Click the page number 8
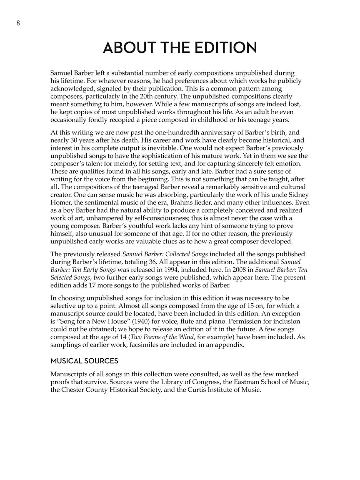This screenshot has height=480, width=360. coord(18,23)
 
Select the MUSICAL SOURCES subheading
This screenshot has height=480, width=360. coord(84,361)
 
